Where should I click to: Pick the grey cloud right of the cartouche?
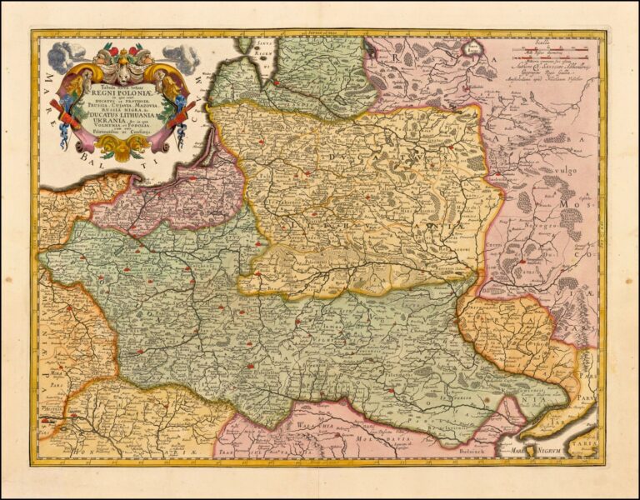coord(181,57)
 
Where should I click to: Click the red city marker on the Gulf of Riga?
coord(274,82)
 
